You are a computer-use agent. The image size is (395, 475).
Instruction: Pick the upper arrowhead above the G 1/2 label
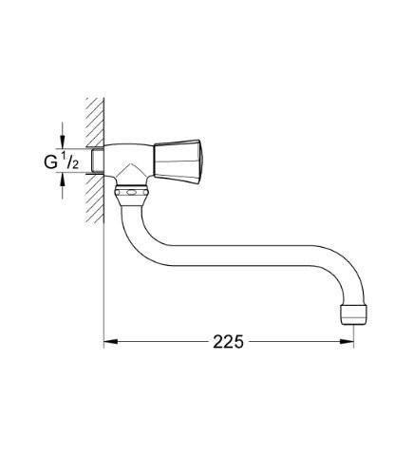[x=64, y=138]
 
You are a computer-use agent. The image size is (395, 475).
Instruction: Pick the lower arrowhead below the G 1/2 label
[x=64, y=186]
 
